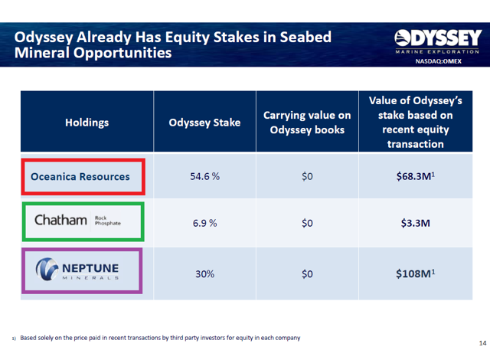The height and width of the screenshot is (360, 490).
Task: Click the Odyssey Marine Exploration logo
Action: (x=438, y=41)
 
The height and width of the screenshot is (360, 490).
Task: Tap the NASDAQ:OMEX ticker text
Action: (x=438, y=61)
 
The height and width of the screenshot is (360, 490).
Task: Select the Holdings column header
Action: (x=87, y=123)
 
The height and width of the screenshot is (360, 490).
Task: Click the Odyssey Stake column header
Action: (x=204, y=123)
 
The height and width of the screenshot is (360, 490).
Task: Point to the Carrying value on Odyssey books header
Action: (x=307, y=123)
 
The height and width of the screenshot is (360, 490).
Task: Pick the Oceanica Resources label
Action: (x=80, y=177)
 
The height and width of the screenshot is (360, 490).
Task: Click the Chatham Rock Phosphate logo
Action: (x=77, y=220)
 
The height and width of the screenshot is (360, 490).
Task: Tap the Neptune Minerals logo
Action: (x=77, y=269)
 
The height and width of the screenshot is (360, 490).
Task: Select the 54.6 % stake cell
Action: (x=204, y=177)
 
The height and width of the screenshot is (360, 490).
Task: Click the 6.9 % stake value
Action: (x=204, y=223)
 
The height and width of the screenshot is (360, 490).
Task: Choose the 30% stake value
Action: (x=204, y=274)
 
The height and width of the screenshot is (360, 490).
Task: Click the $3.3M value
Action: (x=415, y=223)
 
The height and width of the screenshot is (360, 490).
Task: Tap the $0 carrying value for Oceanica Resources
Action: (x=307, y=177)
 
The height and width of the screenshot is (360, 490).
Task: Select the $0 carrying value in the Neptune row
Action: (x=307, y=274)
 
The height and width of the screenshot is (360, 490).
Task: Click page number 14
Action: (x=482, y=343)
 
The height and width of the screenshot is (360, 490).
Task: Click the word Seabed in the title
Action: (x=305, y=38)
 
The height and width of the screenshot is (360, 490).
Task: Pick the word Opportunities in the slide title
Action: (x=122, y=53)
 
